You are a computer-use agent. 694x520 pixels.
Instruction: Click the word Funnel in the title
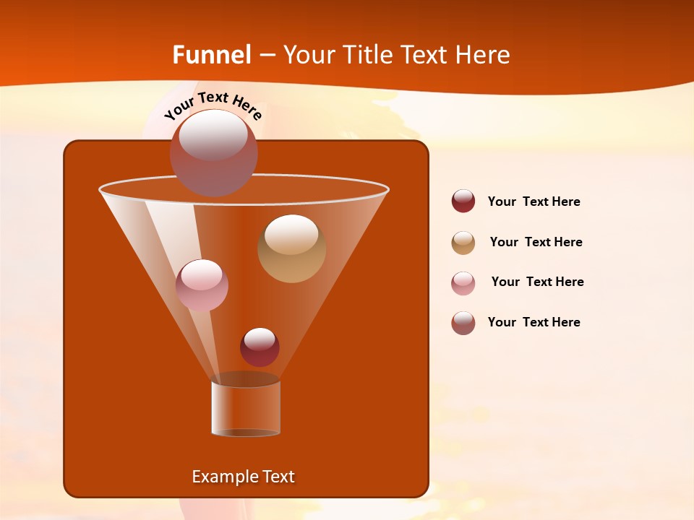pos(211,55)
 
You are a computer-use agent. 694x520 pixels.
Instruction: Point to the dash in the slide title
pos(267,56)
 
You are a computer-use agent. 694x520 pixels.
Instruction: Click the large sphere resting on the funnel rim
pos(213,153)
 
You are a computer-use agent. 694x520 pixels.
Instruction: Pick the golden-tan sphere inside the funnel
pos(291,248)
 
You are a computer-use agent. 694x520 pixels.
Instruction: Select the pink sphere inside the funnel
pos(202,285)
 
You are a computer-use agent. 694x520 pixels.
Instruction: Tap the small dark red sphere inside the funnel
pos(260,347)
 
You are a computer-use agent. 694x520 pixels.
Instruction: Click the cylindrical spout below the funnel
pos(246,408)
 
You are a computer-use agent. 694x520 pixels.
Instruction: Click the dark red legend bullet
pos(463,201)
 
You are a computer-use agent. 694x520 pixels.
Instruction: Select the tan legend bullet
pos(463,243)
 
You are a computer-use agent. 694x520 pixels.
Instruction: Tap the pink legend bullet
pos(463,283)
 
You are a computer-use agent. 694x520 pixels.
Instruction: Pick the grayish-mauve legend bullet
pos(463,323)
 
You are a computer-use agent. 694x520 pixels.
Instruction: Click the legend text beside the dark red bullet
pos(534,201)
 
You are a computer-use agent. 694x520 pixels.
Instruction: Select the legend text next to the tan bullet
pos(536,242)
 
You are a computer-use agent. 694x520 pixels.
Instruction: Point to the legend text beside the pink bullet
pos(537,282)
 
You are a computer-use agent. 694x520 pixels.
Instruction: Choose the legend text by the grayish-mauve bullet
pos(534,322)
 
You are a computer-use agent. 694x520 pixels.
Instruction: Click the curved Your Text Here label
pos(213,105)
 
